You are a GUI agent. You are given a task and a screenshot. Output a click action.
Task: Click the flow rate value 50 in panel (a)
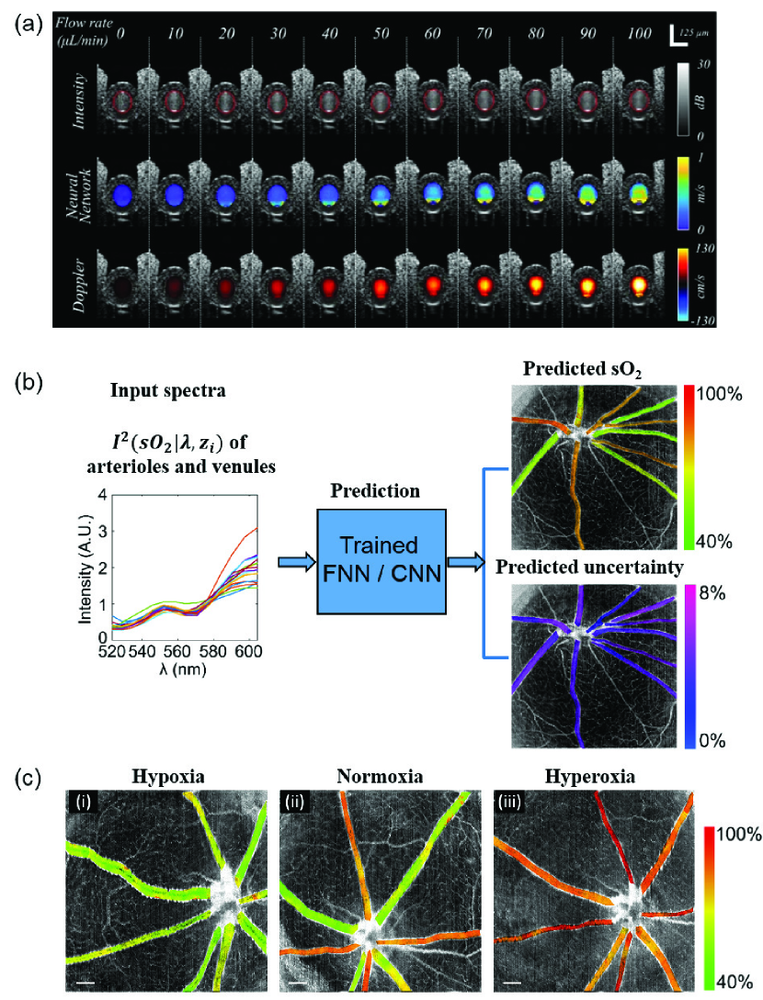[x=379, y=34]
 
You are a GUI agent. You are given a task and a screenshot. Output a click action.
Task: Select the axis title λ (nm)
[x=180, y=669]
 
